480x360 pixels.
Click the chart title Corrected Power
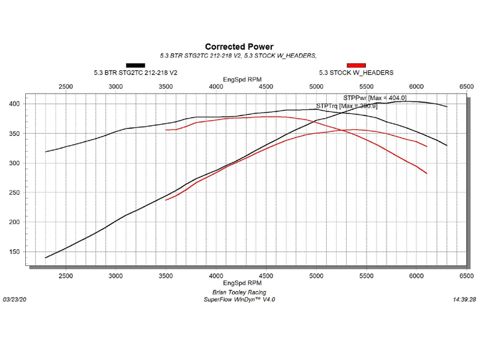pos(239,46)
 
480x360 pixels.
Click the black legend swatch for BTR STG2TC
pos(135,65)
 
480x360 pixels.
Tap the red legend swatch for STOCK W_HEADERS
pos(356,65)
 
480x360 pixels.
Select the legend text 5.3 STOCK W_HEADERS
pos(356,73)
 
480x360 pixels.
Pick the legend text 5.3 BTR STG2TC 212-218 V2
pos(137,73)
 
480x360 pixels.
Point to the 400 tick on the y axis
pos(13,104)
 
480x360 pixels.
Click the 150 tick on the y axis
pos(13,252)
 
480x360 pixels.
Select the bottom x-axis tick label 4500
pos(266,274)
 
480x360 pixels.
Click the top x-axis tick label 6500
pos(466,87)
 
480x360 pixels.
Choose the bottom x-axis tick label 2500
pos(66,274)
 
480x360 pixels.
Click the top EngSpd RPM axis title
pos(239,80)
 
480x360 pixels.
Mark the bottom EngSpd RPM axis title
pos(239,283)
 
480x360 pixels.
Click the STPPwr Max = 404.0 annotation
pos(370,97)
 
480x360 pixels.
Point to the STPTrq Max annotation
pos(347,105)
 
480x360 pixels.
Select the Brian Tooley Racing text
pos(239,292)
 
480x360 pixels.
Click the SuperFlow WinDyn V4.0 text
pos(239,300)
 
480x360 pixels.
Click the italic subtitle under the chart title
pos(239,56)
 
